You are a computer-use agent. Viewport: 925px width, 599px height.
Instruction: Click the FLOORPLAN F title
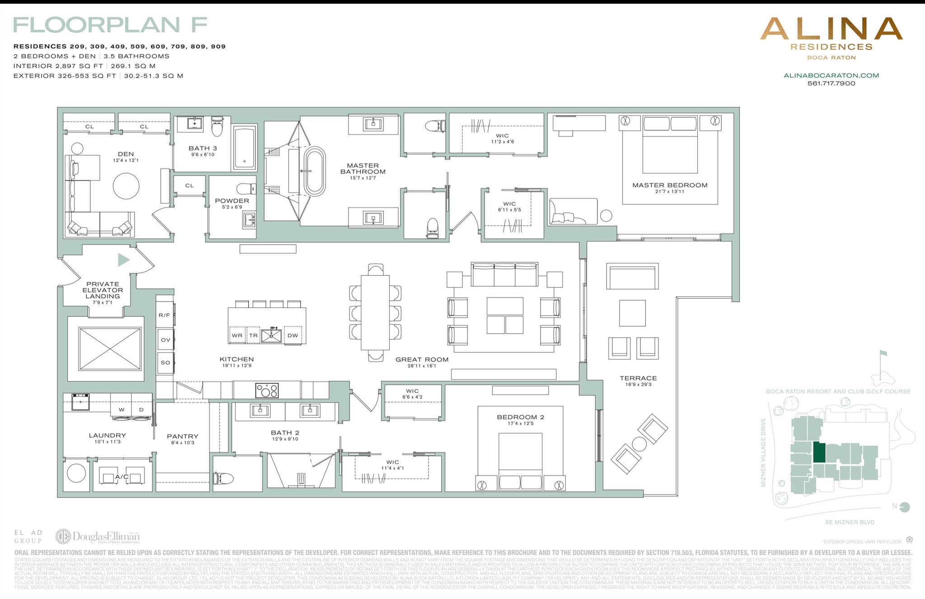110,25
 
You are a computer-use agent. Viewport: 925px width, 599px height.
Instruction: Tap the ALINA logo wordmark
831,29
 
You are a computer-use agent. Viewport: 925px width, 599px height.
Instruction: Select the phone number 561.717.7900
831,84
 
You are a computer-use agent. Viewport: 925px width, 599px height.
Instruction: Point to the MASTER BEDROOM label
669,185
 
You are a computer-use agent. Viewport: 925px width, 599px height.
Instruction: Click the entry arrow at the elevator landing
123,260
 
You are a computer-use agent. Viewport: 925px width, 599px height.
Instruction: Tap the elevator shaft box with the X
110,348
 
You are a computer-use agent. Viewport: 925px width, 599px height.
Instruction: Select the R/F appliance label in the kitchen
164,315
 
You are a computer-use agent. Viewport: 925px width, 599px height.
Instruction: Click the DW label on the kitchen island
293,335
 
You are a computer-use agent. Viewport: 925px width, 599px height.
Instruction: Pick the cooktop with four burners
266,390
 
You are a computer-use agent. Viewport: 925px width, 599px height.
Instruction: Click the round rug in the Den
126,186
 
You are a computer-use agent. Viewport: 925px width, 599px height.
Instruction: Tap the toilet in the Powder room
246,188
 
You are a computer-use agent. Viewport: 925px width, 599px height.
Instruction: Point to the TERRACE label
638,378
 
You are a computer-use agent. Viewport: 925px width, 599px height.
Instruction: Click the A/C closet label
121,477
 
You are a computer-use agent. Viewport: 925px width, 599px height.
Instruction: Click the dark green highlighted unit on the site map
819,452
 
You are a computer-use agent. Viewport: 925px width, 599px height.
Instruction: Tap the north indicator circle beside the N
905,507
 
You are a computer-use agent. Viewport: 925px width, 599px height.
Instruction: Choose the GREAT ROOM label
422,360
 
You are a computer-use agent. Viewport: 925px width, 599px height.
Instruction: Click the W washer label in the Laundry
121,410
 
